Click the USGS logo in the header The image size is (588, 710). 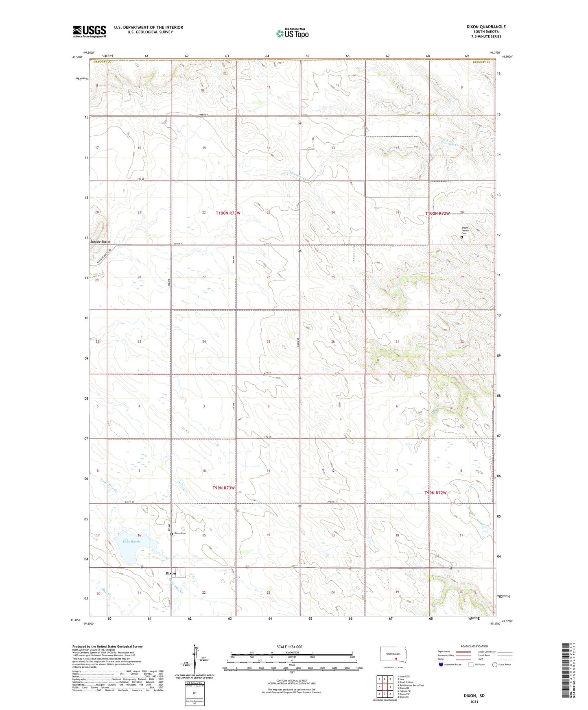90,31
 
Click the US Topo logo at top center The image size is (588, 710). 292,33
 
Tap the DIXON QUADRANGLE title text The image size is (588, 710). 486,27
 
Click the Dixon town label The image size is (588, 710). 170,573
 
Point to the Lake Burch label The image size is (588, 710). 131,542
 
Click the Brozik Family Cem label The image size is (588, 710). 465,231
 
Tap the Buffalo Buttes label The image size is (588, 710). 100,242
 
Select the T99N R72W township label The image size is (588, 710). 435,492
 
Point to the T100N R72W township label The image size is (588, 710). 437,213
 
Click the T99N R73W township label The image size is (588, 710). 223,488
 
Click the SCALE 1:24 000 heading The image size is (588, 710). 289,647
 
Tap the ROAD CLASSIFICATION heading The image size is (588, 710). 474,646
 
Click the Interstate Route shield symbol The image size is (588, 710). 441,664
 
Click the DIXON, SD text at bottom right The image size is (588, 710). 474,696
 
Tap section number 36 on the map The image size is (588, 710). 332,342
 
